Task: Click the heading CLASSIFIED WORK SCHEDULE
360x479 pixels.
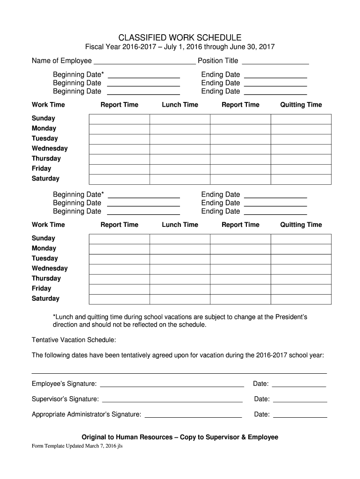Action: tap(180, 37)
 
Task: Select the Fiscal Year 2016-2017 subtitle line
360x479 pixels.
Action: tap(180, 47)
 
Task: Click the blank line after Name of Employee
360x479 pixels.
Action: tap(144, 61)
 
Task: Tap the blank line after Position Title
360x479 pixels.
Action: tap(275, 61)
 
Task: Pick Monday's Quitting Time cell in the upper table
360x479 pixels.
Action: tap(301, 129)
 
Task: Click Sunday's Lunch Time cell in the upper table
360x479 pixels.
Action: tap(180, 119)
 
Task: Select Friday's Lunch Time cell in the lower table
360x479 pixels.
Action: tap(180, 289)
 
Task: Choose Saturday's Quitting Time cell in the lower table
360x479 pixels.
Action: tap(301, 299)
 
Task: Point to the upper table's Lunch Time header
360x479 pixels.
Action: tap(180, 105)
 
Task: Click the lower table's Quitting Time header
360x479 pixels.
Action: tap(301, 225)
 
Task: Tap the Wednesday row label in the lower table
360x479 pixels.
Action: tap(50, 269)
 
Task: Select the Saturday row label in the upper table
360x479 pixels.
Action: tap(45, 179)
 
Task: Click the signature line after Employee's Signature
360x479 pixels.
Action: tap(172, 385)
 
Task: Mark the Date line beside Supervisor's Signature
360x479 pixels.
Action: tap(300, 400)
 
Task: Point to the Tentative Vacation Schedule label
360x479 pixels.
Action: tap(74, 340)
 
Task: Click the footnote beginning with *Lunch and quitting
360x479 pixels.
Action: tap(180, 321)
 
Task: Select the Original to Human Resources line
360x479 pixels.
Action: tap(180, 437)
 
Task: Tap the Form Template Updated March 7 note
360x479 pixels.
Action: tap(77, 446)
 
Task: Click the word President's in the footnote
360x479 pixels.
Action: tap(292, 317)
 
